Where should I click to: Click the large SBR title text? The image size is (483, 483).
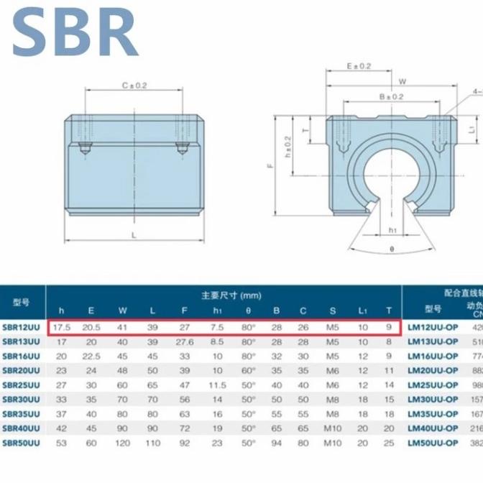(x=75, y=32)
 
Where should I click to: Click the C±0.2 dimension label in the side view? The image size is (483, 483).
(x=134, y=86)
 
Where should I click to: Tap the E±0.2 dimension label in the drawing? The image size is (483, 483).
(x=359, y=66)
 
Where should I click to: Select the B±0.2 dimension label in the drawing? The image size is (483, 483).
(x=391, y=96)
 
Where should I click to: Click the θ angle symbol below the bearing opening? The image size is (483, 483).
(x=392, y=248)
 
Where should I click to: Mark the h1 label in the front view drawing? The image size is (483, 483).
(x=392, y=230)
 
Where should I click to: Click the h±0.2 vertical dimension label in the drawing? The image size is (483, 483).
(x=287, y=147)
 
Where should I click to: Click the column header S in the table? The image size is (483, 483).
(x=332, y=310)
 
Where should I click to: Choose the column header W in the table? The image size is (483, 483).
(x=123, y=310)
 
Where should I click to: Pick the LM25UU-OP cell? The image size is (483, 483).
(x=432, y=385)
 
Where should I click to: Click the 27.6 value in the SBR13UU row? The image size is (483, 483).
(x=185, y=341)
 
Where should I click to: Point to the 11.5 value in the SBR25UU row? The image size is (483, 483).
(x=217, y=385)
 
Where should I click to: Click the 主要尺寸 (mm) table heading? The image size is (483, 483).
(x=231, y=295)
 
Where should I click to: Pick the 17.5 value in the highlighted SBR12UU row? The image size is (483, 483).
(x=61, y=328)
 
